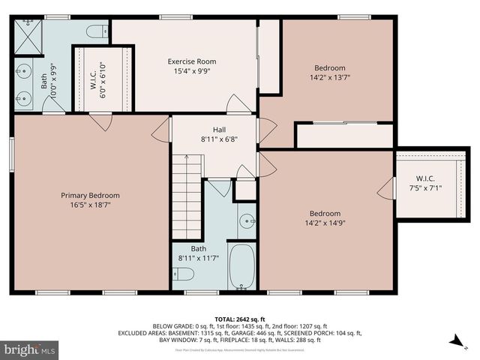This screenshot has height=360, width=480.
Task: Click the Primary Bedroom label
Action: click(90, 196)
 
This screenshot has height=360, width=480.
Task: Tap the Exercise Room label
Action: click(191, 61)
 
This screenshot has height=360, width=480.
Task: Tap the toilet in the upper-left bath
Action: click(97, 31)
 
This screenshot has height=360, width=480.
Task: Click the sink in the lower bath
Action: click(248, 221)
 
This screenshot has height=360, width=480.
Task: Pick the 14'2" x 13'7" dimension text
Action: click(330, 76)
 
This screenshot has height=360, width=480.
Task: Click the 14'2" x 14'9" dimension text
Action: click(325, 223)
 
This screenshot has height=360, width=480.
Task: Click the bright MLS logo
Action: click(30, 349)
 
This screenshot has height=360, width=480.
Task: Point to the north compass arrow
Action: click(456, 341)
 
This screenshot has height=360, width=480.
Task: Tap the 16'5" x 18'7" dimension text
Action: click(90, 205)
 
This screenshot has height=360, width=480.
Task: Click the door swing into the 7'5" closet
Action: click(387, 189)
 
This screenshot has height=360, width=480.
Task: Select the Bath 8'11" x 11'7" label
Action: click(198, 253)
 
